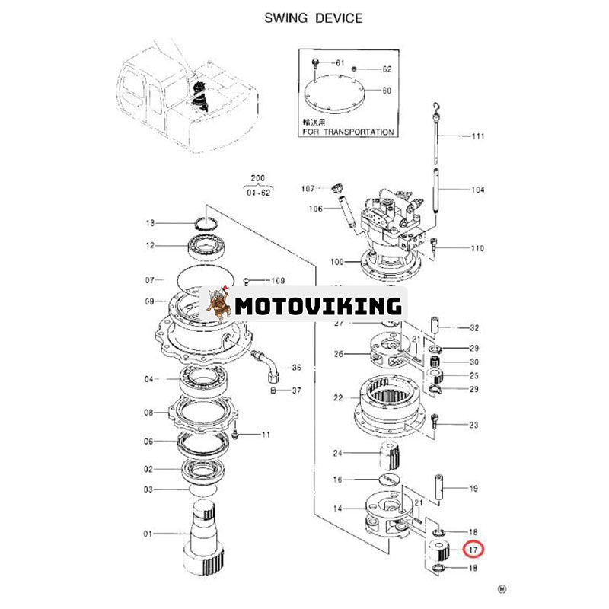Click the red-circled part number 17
pyautogui.click(x=474, y=548)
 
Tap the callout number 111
pyautogui.click(x=477, y=136)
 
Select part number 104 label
pyautogui.click(x=477, y=190)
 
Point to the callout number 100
pyautogui.click(x=337, y=262)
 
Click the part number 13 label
pyautogui.click(x=150, y=223)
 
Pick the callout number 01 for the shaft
pyautogui.click(x=149, y=533)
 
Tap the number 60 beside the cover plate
pyautogui.click(x=387, y=91)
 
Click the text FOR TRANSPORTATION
pyautogui.click(x=347, y=132)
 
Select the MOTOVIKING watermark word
pyautogui.click(x=317, y=306)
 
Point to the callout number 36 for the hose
pyautogui.click(x=296, y=368)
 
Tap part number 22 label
pyautogui.click(x=338, y=397)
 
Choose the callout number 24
pyautogui.click(x=338, y=454)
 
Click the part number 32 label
pyautogui.click(x=473, y=328)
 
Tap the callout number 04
pyautogui.click(x=149, y=379)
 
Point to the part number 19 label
pyautogui.click(x=473, y=489)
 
